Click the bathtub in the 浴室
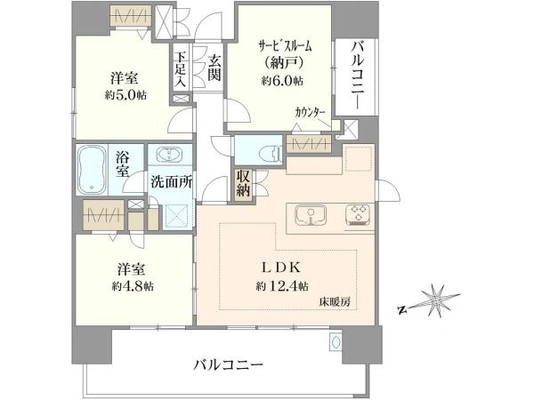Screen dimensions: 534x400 [92, 170]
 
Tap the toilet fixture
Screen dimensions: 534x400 [271, 153]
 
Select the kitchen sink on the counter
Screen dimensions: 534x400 [311, 215]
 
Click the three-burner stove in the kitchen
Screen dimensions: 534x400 [358, 215]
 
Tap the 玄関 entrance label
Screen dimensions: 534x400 [214, 68]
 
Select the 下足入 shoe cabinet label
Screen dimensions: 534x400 [181, 68]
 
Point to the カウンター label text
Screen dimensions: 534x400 [311, 112]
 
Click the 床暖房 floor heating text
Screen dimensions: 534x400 [335, 301]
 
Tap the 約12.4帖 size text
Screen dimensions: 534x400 [282, 286]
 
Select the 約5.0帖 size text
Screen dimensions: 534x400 [125, 95]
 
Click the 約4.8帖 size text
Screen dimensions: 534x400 [133, 286]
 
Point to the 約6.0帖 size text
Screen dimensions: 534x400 [282, 81]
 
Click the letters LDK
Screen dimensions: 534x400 [281, 268]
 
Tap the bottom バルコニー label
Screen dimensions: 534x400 [229, 365]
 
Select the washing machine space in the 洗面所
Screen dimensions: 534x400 [176, 216]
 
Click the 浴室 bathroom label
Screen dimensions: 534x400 [123, 164]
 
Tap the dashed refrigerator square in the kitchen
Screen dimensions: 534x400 [359, 158]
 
